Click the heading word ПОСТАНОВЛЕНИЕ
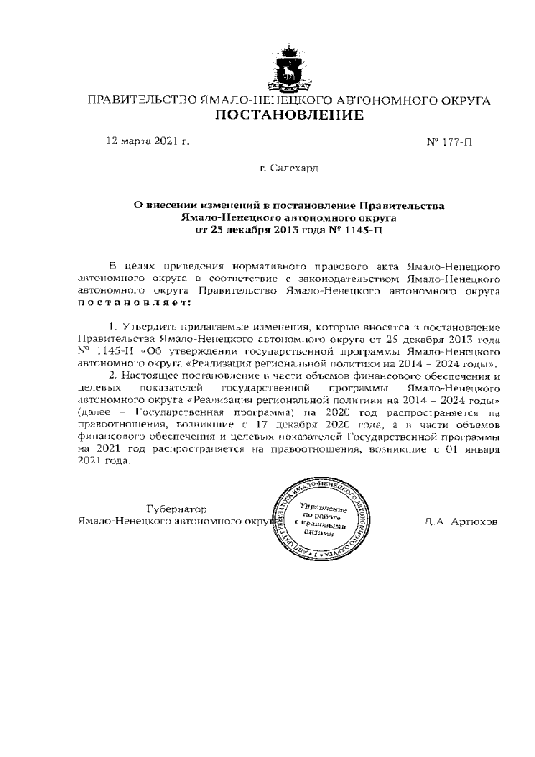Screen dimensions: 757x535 click(x=289, y=115)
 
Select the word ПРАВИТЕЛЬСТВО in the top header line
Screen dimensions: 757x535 click(x=142, y=100)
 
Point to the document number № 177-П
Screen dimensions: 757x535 click(x=449, y=141)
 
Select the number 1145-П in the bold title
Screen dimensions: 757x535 click(x=362, y=228)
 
